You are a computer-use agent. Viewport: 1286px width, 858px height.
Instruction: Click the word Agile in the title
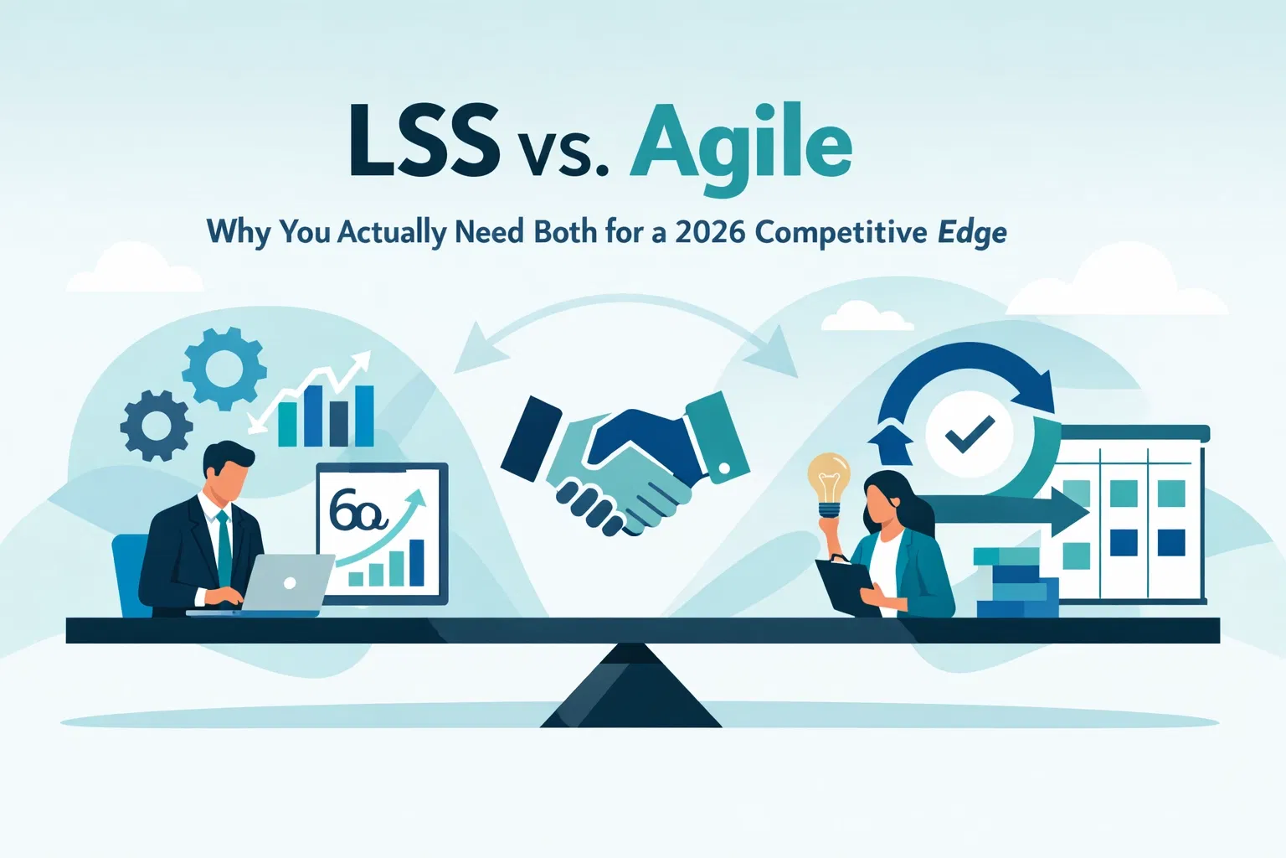click(742, 144)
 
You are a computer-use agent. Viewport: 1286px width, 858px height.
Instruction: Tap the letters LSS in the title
click(424, 142)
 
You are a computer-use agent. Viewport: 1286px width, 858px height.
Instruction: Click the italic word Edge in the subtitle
click(972, 233)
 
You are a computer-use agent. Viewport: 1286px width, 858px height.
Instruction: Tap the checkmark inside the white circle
click(969, 434)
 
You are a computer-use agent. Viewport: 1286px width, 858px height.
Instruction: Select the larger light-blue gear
click(224, 369)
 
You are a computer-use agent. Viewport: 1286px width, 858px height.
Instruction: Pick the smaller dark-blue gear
click(157, 425)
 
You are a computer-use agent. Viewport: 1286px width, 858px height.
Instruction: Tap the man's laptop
click(285, 583)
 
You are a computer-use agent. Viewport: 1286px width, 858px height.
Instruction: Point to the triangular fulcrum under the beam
click(631, 687)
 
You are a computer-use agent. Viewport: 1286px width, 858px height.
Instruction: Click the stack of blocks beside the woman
click(1015, 582)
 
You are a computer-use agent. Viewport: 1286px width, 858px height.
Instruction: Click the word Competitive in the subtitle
click(841, 232)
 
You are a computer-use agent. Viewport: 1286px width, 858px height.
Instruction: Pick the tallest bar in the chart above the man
click(364, 416)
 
